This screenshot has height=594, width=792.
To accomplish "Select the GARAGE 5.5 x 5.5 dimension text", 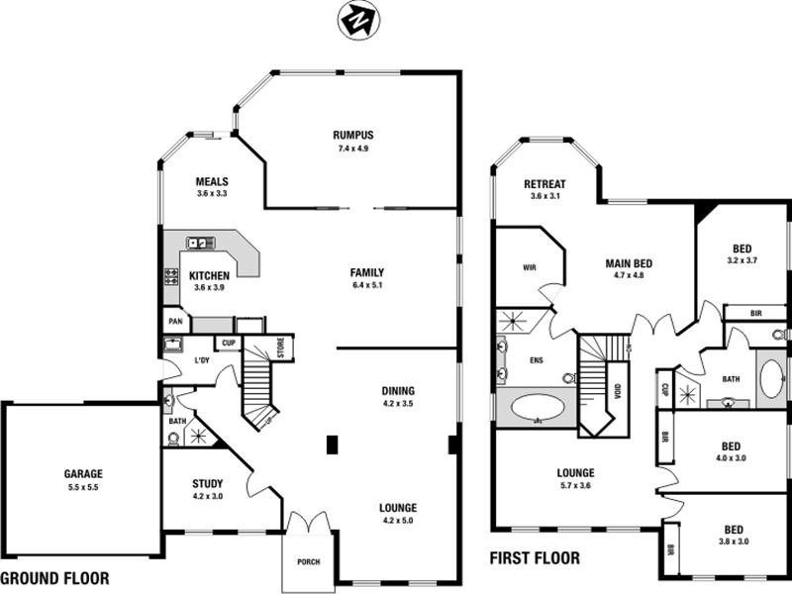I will pos(84,488).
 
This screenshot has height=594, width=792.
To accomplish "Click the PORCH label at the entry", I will pos(309,562).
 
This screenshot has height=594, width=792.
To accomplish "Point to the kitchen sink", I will pos(198,242).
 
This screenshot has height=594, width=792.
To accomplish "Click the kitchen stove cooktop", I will pos(170,276).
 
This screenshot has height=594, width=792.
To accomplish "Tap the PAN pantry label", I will pos(174,322).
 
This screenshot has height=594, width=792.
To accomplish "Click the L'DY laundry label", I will pos(202,360).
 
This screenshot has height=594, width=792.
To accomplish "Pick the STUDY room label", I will pos(208,483).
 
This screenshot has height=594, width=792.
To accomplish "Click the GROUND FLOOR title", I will pos(55,578).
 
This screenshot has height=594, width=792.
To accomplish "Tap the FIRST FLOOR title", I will pos(535,558).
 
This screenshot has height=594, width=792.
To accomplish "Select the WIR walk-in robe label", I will pos(528,267).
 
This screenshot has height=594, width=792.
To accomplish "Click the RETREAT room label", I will pos(544,184).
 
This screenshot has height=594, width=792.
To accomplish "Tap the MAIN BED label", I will pos(631,263).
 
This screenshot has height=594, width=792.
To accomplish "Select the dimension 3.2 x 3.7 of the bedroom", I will pos(742,260).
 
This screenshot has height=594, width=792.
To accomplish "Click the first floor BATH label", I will pos(731,378).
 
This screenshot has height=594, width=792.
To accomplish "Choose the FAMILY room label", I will pos(366,272).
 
